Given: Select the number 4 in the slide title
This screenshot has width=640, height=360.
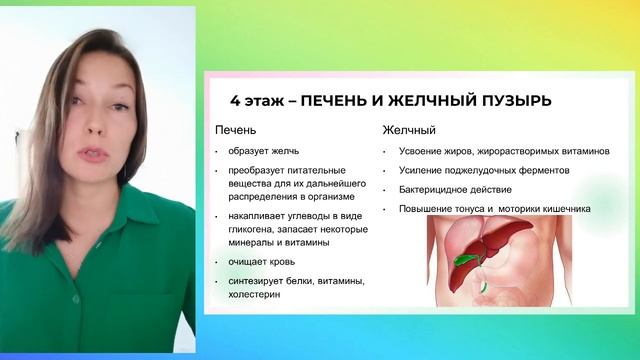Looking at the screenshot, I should coord(234,101).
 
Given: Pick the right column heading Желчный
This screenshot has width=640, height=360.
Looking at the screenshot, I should coord(408,130).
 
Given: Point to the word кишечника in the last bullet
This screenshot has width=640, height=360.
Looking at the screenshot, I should coord(563,209).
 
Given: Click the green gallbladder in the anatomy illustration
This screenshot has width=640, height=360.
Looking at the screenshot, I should coord(462,258).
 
